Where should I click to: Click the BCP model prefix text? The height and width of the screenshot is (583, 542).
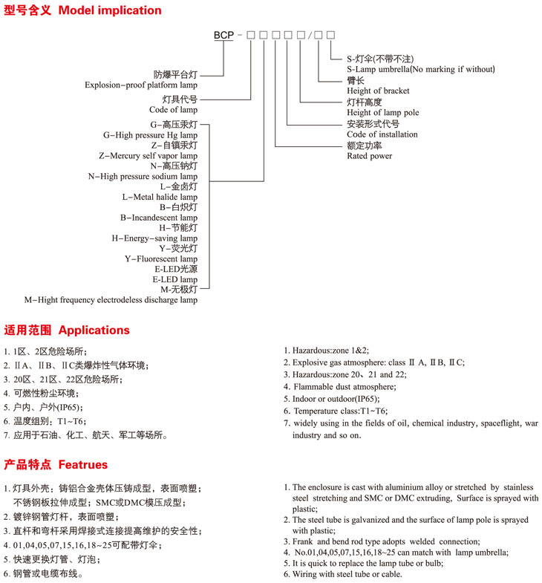pos(223,35)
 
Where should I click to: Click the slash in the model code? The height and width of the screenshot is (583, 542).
pos(320,35)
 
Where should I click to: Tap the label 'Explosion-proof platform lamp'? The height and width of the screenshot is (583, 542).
pos(141,85)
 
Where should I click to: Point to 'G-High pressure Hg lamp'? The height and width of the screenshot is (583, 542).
pos(150,135)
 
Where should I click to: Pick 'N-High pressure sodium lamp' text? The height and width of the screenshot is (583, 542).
pos(143,177)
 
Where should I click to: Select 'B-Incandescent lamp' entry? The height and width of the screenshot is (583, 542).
pos(159,218)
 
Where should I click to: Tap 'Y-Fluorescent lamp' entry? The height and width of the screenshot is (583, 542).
pos(160,258)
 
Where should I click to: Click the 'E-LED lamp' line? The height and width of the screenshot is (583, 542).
pos(175,279)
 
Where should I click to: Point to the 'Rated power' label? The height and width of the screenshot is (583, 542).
pos(369,156)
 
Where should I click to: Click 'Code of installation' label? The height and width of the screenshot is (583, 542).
pos(382,134)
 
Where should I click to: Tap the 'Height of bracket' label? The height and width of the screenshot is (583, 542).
pos(377,91)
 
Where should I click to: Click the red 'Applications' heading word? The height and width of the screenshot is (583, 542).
pos(94,330)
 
